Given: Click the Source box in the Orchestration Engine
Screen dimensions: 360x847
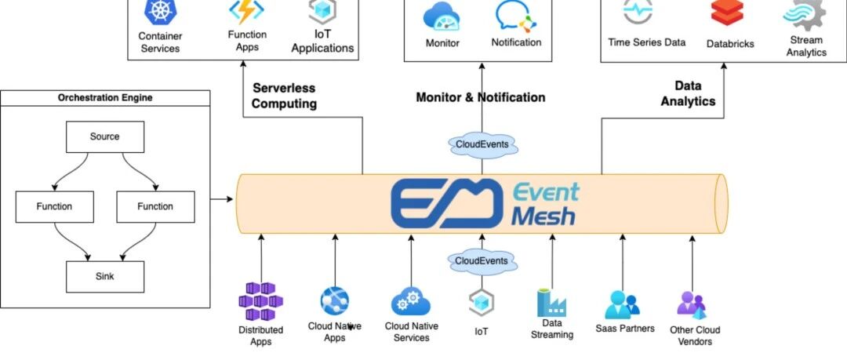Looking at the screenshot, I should coord(105,136).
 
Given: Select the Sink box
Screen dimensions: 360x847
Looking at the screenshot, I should coord(105,276).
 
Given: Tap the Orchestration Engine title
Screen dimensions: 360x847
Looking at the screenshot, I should coord(105,98).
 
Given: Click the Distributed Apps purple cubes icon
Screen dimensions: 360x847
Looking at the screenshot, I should coord(260,302).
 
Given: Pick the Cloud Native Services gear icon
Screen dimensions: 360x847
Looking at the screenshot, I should coord(410,302).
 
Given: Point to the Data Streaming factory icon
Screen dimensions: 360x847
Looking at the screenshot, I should coord(551,303).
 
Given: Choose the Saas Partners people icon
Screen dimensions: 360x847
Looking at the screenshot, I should coord(623,304).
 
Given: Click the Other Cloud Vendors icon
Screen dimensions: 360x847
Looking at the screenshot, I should coord(691,304).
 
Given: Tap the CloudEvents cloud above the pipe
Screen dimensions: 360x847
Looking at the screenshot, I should coord(482,144).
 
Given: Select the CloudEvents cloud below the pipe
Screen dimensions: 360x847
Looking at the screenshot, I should coord(482,260).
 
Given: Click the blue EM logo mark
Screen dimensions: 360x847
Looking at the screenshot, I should coord(446,202).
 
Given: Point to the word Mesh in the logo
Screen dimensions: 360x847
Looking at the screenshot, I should coord(543,216).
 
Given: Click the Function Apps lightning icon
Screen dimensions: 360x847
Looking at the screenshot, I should coord(246,13).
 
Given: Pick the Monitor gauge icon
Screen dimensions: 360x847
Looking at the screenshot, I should coord(442,16).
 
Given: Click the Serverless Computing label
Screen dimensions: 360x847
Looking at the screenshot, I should coord(284,96).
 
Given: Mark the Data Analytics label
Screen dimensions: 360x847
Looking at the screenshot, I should coord(688,93).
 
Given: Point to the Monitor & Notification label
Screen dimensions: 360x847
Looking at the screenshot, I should coord(480,98).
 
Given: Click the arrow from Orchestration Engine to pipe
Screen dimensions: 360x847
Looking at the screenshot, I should coord(223,199).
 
